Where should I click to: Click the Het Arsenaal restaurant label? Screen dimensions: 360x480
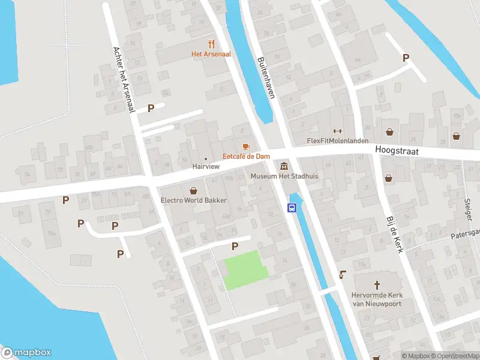coord(211,54)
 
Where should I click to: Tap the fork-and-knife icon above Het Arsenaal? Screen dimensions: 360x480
coord(211,43)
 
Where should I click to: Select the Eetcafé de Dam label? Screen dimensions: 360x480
coord(245,157)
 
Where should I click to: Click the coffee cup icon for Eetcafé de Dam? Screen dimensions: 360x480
coord(245,146)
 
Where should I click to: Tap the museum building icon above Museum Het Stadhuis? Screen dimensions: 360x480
coord(283,166)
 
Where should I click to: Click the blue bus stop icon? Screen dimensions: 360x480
coord(292,208)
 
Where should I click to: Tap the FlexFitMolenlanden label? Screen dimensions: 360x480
coord(337,141)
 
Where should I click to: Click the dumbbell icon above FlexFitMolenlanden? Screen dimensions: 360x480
coord(337,131)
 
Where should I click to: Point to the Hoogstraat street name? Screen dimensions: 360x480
coord(396,151)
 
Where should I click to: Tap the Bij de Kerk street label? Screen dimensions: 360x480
coord(394,234)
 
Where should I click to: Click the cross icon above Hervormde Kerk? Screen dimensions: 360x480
coord(377,284)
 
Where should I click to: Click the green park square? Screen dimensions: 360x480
coord(245,270)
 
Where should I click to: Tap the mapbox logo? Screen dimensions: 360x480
coord(26,352)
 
